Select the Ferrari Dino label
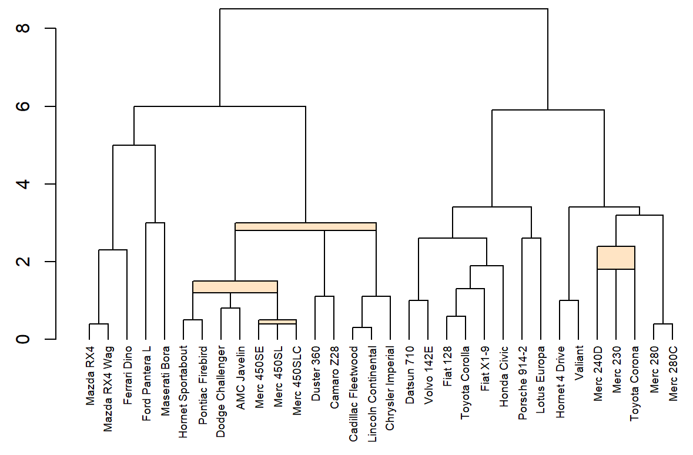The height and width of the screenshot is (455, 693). pos(127,375)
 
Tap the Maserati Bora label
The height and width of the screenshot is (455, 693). pos(165,376)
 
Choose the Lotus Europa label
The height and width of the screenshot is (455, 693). pos(541,375)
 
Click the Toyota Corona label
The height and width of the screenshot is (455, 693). pos(635,383)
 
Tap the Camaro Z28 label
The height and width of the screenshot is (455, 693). pos(334,374)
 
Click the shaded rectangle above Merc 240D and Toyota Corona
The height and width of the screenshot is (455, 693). pos(616,257)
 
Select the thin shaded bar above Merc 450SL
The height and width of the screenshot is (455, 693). pos(277,322)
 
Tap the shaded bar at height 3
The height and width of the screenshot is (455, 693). pos(306,226)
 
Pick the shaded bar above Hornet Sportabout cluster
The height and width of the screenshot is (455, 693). pos(235,287)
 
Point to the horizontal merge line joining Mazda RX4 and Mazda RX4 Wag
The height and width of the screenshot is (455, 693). pos(99,324)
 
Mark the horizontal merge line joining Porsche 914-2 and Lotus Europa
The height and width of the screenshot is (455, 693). pos(531,238)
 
